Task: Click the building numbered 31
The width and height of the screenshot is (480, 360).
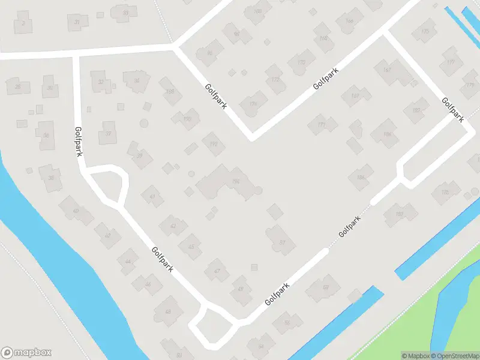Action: pyautogui.click(x=77, y=22)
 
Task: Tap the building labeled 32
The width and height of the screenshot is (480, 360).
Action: pyautogui.click(x=101, y=82)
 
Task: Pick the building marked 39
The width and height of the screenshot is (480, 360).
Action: pyautogui.click(x=139, y=155)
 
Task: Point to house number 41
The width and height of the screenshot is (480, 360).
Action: pyautogui.click(x=152, y=196)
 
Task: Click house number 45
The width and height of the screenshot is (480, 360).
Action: pyautogui.click(x=191, y=246)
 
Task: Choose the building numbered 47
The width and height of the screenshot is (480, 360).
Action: pyautogui.click(x=217, y=271)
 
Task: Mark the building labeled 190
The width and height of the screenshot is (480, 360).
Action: pyautogui.click(x=187, y=119)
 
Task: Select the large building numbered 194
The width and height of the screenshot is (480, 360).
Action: pyautogui.click(x=233, y=181)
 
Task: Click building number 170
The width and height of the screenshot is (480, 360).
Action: pyautogui.click(x=301, y=62)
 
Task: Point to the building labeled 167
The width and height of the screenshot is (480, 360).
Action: pyautogui.click(x=387, y=70)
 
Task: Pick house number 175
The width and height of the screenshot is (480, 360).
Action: pyautogui.click(x=425, y=31)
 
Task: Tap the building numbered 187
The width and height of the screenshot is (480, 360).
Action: pyautogui.click(x=355, y=96)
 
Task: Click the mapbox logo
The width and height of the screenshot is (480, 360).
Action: pyautogui.click(x=26, y=353)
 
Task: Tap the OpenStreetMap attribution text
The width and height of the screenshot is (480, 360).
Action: pyautogui.click(x=454, y=356)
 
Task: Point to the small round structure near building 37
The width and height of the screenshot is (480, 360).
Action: pyautogui.click(x=143, y=123)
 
